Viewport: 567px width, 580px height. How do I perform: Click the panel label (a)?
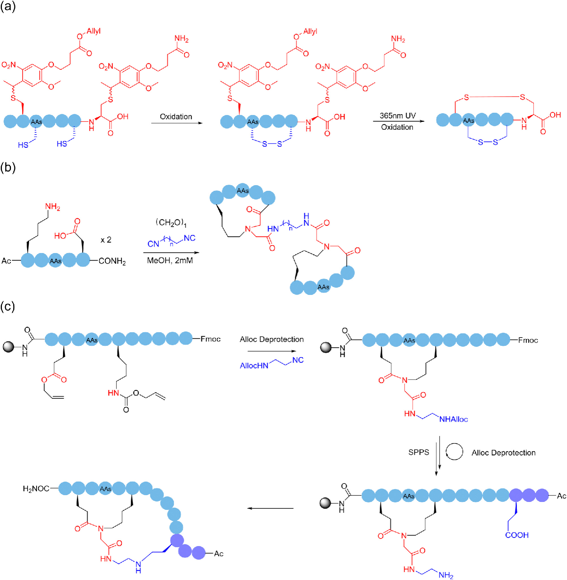click(x=8, y=6)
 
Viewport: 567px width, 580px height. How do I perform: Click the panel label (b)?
click(x=8, y=167)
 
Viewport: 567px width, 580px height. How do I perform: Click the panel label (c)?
click(x=8, y=306)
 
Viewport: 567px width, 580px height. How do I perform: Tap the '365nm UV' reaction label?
click(x=398, y=115)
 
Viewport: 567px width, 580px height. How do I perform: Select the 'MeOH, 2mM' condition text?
click(x=170, y=261)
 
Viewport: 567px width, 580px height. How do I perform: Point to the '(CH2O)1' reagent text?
click(x=171, y=222)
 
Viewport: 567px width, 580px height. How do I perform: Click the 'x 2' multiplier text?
click(x=106, y=240)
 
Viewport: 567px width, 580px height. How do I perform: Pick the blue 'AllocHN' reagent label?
click(x=254, y=365)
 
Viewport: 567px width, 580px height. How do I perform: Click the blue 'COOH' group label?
click(x=517, y=535)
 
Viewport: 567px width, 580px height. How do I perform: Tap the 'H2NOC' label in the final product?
click(x=36, y=489)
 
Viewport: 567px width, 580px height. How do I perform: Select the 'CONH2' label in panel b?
click(x=112, y=261)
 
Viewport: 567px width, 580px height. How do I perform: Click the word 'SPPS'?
click(x=419, y=452)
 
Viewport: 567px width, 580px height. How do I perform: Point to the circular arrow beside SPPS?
click(x=454, y=451)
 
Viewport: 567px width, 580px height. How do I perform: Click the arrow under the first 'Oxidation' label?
click(x=176, y=123)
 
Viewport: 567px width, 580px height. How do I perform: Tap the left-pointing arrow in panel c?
click(x=270, y=508)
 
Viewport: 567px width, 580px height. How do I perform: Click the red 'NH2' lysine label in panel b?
click(x=52, y=207)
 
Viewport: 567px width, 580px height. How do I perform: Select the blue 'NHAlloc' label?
click(x=453, y=419)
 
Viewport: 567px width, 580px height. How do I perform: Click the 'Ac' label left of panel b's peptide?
click(x=6, y=261)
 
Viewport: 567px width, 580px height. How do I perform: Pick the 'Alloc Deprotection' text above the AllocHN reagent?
click(x=272, y=339)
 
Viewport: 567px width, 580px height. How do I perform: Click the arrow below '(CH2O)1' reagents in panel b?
click(x=171, y=253)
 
